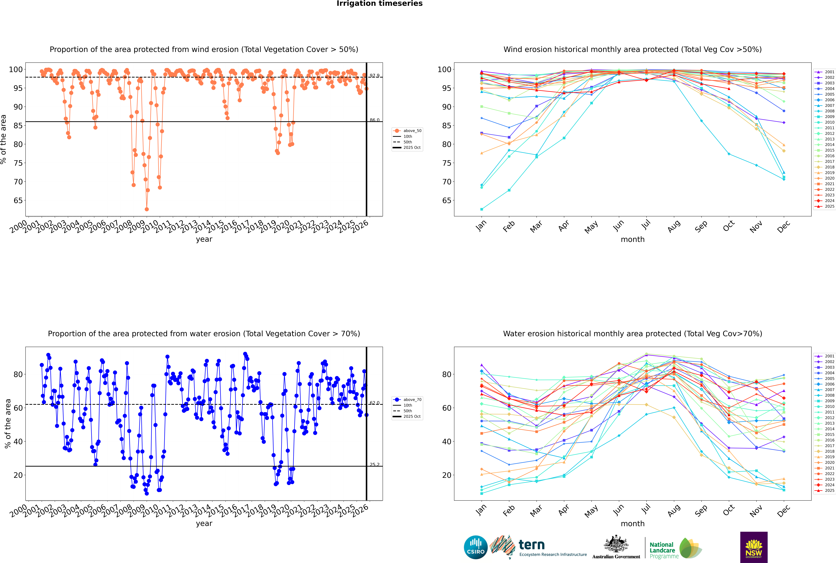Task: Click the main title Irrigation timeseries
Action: point(380,4)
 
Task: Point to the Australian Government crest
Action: point(616,545)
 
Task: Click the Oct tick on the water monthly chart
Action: point(729,510)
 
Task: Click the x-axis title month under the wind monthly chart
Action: point(633,240)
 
